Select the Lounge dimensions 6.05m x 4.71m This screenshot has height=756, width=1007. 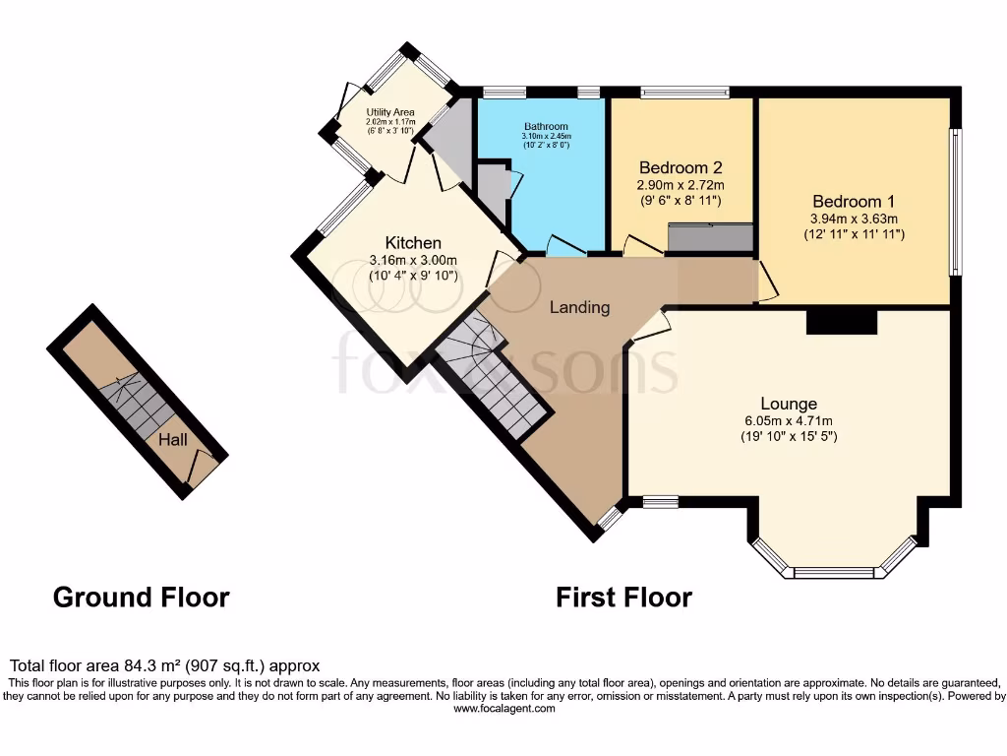click(789, 420)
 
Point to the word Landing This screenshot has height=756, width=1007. click(579, 307)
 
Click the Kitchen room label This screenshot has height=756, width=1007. click(413, 243)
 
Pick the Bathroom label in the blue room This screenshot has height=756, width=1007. click(545, 127)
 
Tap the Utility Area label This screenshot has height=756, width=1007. click(390, 113)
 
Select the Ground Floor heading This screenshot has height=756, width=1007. click(141, 597)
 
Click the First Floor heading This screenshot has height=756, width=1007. click(623, 597)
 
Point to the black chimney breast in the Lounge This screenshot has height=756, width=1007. click(841, 323)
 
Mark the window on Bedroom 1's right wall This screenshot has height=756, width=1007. click(954, 202)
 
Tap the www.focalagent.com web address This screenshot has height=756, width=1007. click(503, 709)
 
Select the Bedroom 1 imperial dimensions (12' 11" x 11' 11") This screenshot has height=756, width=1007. click(853, 234)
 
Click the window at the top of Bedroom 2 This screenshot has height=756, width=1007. click(684, 93)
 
